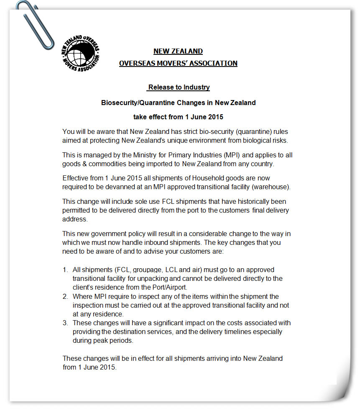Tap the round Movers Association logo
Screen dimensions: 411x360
(80, 53)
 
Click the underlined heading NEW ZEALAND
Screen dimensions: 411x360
(178, 51)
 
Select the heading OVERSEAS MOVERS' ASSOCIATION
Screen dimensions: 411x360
(178, 63)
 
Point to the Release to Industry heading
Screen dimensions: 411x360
(179, 87)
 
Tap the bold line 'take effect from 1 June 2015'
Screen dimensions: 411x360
(178, 117)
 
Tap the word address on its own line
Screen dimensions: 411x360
(74, 218)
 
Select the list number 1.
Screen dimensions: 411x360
(65, 270)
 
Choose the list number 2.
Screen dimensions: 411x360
(65, 297)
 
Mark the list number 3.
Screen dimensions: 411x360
(65, 323)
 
